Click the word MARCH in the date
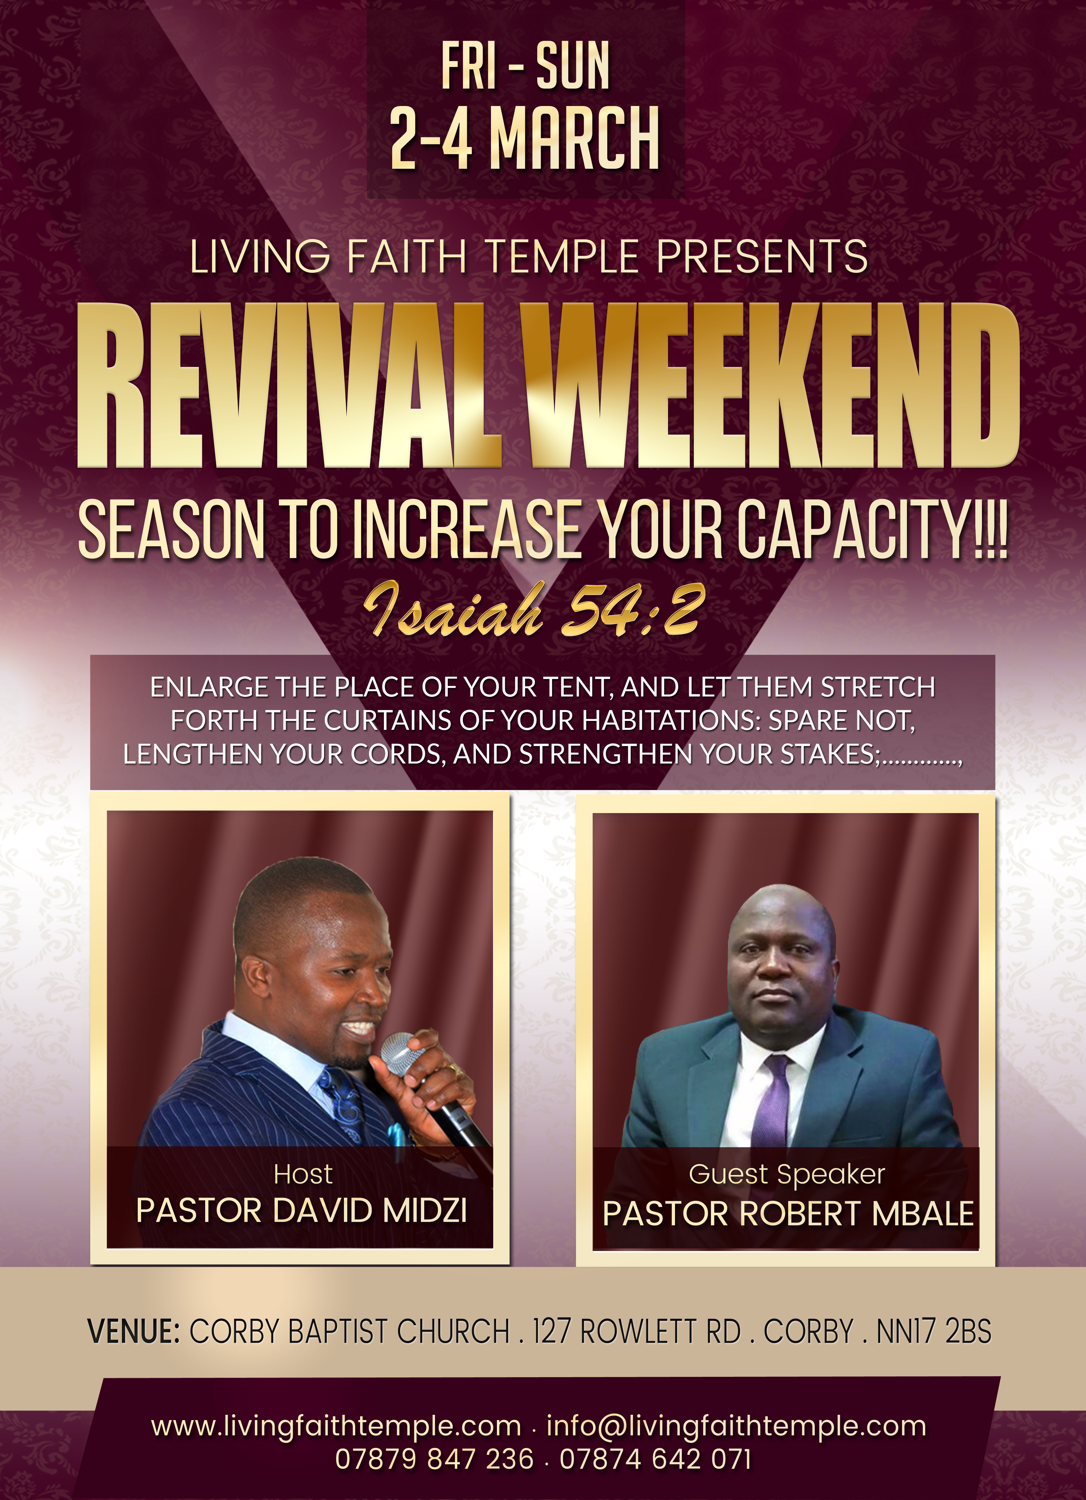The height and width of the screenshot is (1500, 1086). coord(575,138)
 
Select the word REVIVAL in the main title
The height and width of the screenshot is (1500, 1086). coord(288,386)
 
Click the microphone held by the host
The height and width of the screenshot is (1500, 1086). coord(433,1088)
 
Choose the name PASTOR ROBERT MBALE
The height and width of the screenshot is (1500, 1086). coord(788,1214)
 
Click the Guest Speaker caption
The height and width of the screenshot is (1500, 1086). coord(787,1175)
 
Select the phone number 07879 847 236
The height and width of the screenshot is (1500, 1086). coord(434,1459)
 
